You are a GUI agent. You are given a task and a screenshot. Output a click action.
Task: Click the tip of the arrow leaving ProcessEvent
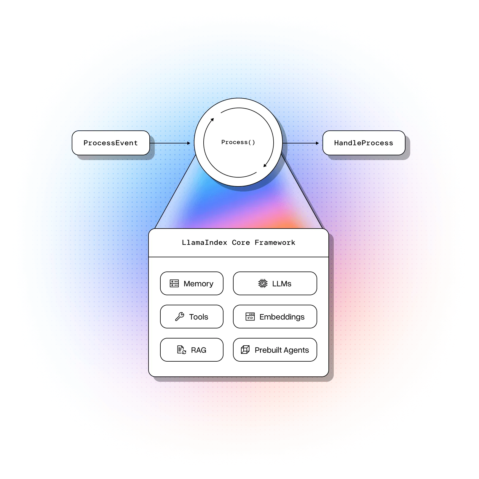190,143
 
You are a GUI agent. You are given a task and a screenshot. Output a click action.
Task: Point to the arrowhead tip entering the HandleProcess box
319,143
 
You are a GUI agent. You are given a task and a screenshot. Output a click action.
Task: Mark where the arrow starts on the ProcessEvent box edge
150,143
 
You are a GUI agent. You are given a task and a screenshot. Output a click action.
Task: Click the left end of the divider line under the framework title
149,257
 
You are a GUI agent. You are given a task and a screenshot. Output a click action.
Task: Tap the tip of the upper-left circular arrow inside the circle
213,118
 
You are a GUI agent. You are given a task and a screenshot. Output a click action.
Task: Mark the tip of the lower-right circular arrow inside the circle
264,167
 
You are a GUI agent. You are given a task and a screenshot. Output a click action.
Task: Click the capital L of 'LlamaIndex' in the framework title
184,242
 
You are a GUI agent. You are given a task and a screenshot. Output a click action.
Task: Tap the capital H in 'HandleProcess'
336,143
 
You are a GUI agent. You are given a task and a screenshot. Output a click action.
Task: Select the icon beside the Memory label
174,283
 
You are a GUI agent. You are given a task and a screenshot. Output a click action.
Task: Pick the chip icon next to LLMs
263,283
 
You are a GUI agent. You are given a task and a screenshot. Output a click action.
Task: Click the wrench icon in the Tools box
180,317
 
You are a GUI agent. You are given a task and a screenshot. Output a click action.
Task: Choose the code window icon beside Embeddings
250,317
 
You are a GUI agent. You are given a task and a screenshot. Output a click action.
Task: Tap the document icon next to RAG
181,350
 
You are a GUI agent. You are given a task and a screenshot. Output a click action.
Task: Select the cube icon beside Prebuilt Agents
245,350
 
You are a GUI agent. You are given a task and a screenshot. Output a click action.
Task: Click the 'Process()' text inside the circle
238,142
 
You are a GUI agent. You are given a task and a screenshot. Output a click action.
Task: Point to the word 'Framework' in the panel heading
275,242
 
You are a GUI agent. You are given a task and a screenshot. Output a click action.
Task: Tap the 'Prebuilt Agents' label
282,350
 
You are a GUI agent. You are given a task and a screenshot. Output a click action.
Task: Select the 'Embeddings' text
282,317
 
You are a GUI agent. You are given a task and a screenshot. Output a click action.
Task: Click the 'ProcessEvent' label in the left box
111,143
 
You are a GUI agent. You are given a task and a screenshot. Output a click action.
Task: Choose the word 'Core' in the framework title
241,242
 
